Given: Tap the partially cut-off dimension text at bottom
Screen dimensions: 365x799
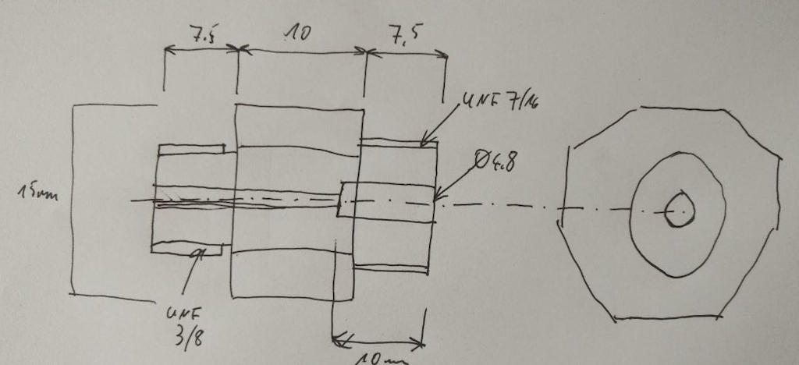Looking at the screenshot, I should (382, 358).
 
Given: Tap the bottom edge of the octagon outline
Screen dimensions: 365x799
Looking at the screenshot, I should (667, 318).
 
